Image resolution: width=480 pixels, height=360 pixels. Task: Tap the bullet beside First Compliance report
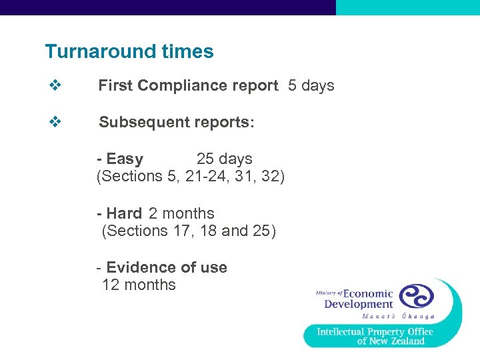pyautogui.click(x=55, y=85)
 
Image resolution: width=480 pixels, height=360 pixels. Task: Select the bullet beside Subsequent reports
pyautogui.click(x=55, y=123)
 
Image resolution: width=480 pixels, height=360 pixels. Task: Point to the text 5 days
pyautogui.click(x=311, y=86)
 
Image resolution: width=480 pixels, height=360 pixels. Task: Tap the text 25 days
pyautogui.click(x=224, y=159)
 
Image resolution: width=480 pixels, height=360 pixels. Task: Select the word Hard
pyautogui.click(x=124, y=214)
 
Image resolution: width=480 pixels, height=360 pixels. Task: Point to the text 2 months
pyautogui.click(x=181, y=214)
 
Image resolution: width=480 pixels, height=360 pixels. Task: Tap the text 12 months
pyautogui.click(x=139, y=285)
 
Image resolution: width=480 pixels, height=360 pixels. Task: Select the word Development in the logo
pyautogui.click(x=359, y=305)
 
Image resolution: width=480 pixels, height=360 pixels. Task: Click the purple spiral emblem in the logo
pyautogui.click(x=416, y=296)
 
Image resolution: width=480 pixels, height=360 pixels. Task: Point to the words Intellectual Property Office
pyautogui.click(x=375, y=331)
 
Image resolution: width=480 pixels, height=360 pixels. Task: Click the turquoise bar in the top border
pyautogui.click(x=407, y=7)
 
